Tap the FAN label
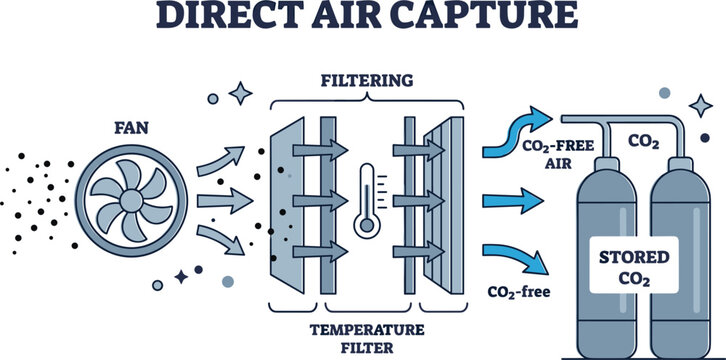[x=131, y=128]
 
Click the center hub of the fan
[x=131, y=201]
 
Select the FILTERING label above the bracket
[x=367, y=81]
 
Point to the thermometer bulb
[x=367, y=225]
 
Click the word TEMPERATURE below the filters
[x=367, y=330]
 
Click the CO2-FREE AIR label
[x=557, y=155]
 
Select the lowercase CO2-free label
[x=519, y=292]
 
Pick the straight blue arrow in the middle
[x=513, y=201]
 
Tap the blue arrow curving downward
[x=516, y=257]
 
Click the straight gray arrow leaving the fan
[x=225, y=201]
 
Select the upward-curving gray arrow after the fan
[x=221, y=161]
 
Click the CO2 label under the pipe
[x=644, y=142]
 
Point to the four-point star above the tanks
[x=700, y=106]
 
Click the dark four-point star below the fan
[x=181, y=277]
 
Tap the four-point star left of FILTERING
[x=240, y=93]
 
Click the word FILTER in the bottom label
[x=367, y=348]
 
